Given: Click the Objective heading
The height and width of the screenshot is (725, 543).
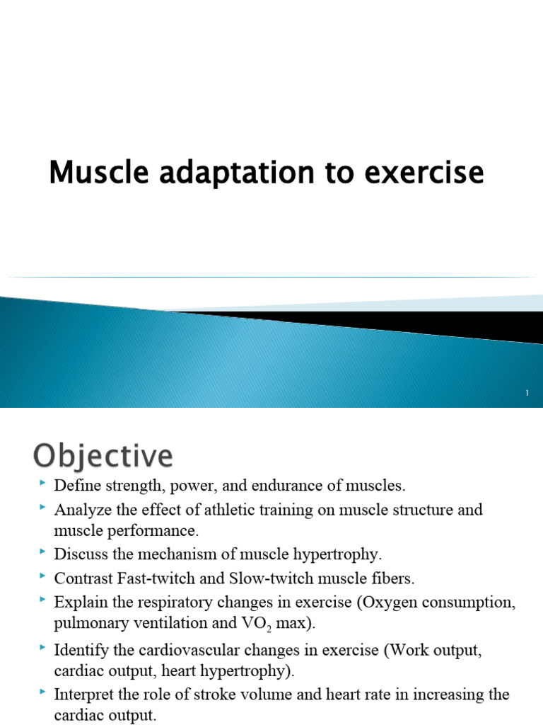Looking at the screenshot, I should (102, 456).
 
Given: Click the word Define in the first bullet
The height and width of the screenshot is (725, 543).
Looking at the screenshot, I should (75, 486).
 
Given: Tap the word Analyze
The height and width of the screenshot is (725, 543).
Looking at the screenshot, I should (81, 510).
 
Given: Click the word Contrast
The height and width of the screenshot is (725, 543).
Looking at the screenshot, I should (82, 578).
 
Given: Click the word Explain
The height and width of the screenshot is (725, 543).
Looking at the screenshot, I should (78, 602).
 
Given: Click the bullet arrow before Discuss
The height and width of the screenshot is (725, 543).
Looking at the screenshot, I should (45, 552).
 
